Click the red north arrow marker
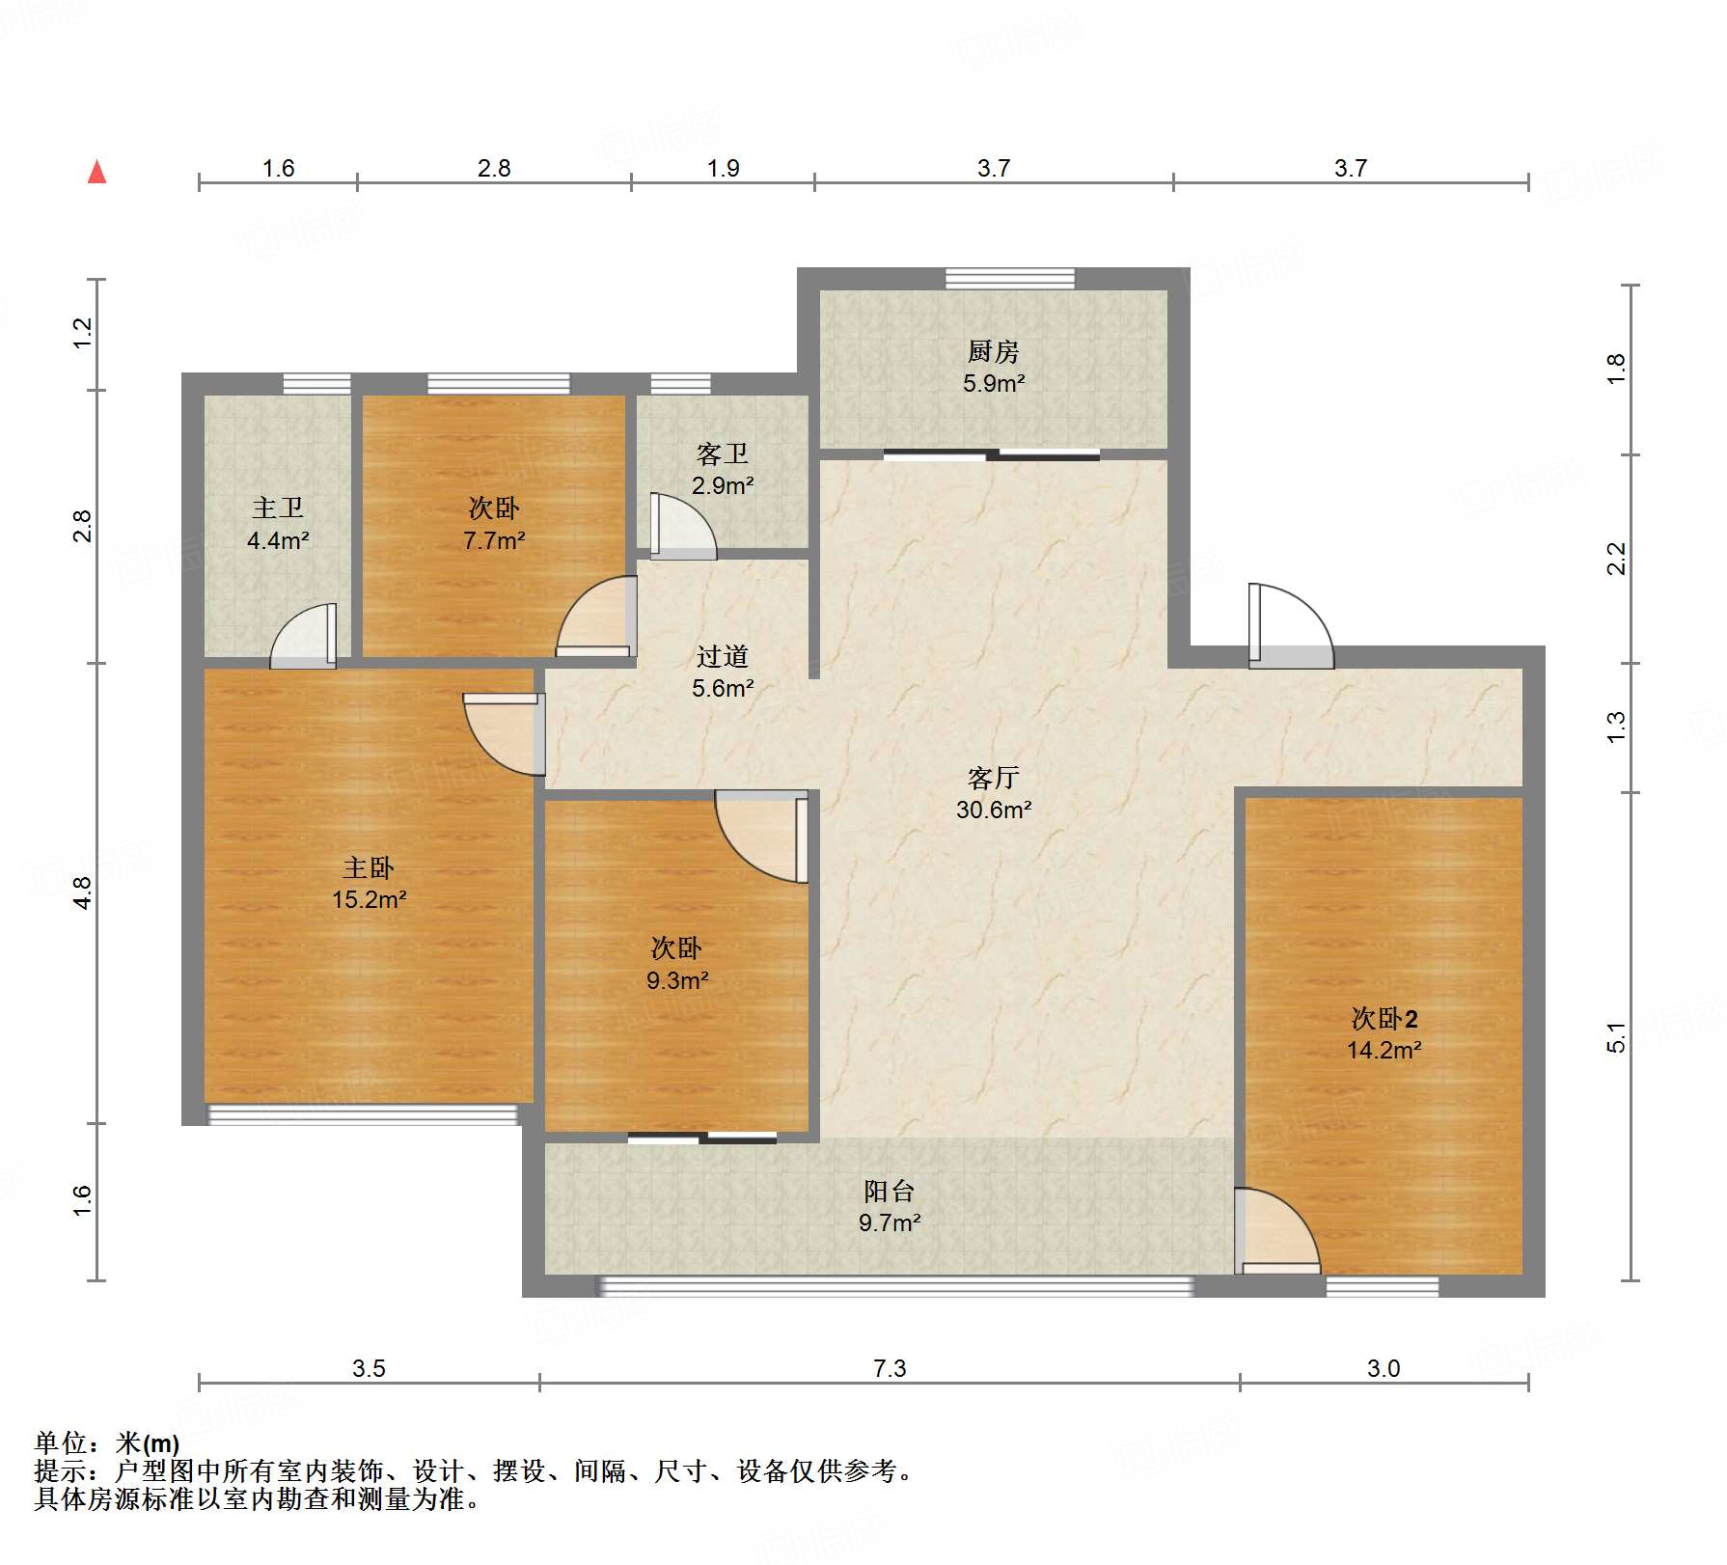click(96, 172)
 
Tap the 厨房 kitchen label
click(993, 352)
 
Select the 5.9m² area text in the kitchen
click(994, 383)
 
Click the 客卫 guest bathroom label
click(723, 454)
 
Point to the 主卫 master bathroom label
click(278, 508)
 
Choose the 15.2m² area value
click(369, 899)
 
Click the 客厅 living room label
click(994, 778)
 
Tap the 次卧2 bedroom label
click(1384, 1019)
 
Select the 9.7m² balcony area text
click(890, 1222)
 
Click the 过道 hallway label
click(723, 657)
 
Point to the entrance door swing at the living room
click(1291, 626)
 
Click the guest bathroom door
click(683, 526)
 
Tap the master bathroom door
click(303, 637)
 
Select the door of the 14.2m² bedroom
click(1277, 1231)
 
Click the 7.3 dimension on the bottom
click(890, 1368)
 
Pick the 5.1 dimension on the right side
click(1617, 1037)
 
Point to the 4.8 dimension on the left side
click(83, 892)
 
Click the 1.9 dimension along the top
click(723, 168)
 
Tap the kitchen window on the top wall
click(1010, 279)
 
